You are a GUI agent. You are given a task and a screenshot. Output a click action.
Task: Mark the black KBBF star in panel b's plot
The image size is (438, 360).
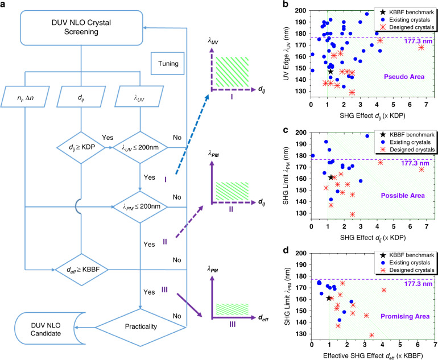(x=331, y=72)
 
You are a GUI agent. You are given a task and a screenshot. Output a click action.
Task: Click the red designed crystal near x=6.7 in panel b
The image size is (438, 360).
(x=421, y=47)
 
